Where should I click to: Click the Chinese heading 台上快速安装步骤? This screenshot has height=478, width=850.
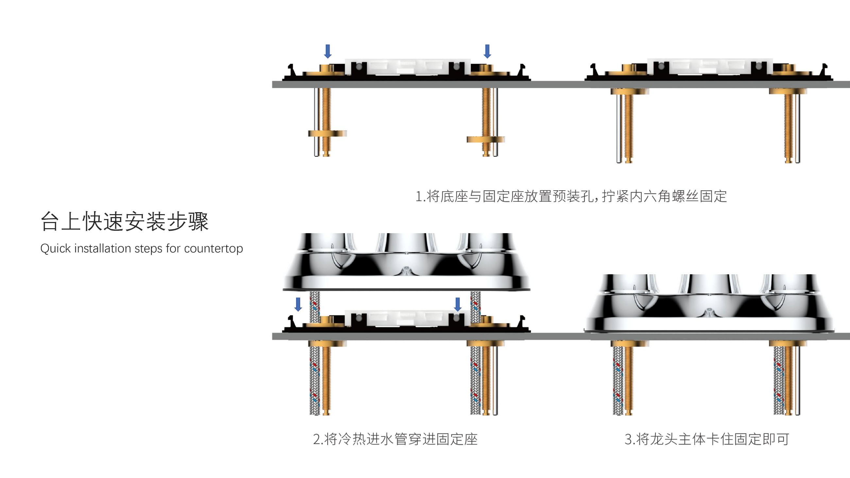click(x=125, y=221)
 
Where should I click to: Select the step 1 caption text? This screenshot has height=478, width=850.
click(x=571, y=196)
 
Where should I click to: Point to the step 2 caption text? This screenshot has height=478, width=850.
click(x=395, y=439)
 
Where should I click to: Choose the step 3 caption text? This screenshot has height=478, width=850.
click(x=707, y=439)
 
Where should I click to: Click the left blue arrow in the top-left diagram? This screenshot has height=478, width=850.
click(x=328, y=51)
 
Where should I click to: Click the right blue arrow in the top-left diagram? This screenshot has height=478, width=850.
click(x=487, y=51)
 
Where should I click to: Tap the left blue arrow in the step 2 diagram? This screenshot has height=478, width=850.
click(x=298, y=304)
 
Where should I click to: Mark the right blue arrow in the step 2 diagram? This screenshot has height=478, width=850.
click(x=458, y=304)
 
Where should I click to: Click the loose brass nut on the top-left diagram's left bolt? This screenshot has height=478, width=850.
click(x=327, y=133)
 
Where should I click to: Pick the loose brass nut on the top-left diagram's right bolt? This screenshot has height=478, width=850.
click(x=485, y=139)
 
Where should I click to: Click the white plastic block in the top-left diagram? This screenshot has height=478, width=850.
click(x=408, y=68)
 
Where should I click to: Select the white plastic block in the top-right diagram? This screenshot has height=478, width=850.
click(x=709, y=68)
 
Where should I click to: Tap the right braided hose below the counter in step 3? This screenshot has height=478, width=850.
click(x=779, y=379)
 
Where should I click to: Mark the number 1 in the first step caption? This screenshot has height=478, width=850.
click(x=419, y=196)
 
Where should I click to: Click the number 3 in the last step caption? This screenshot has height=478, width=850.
click(x=628, y=439)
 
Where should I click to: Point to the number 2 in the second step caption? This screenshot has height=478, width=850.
click(x=316, y=439)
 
